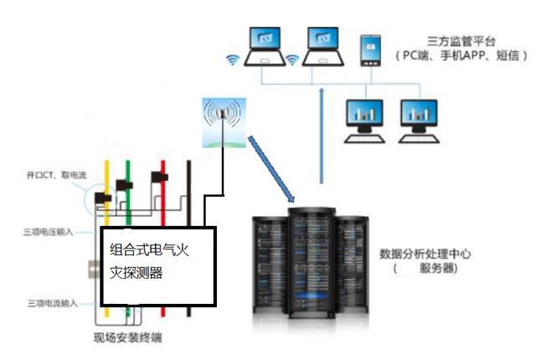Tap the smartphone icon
(368, 50)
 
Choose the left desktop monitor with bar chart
(364, 116)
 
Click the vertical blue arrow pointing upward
(322, 134)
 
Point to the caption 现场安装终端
(126, 339)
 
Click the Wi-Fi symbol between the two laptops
(292, 60)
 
